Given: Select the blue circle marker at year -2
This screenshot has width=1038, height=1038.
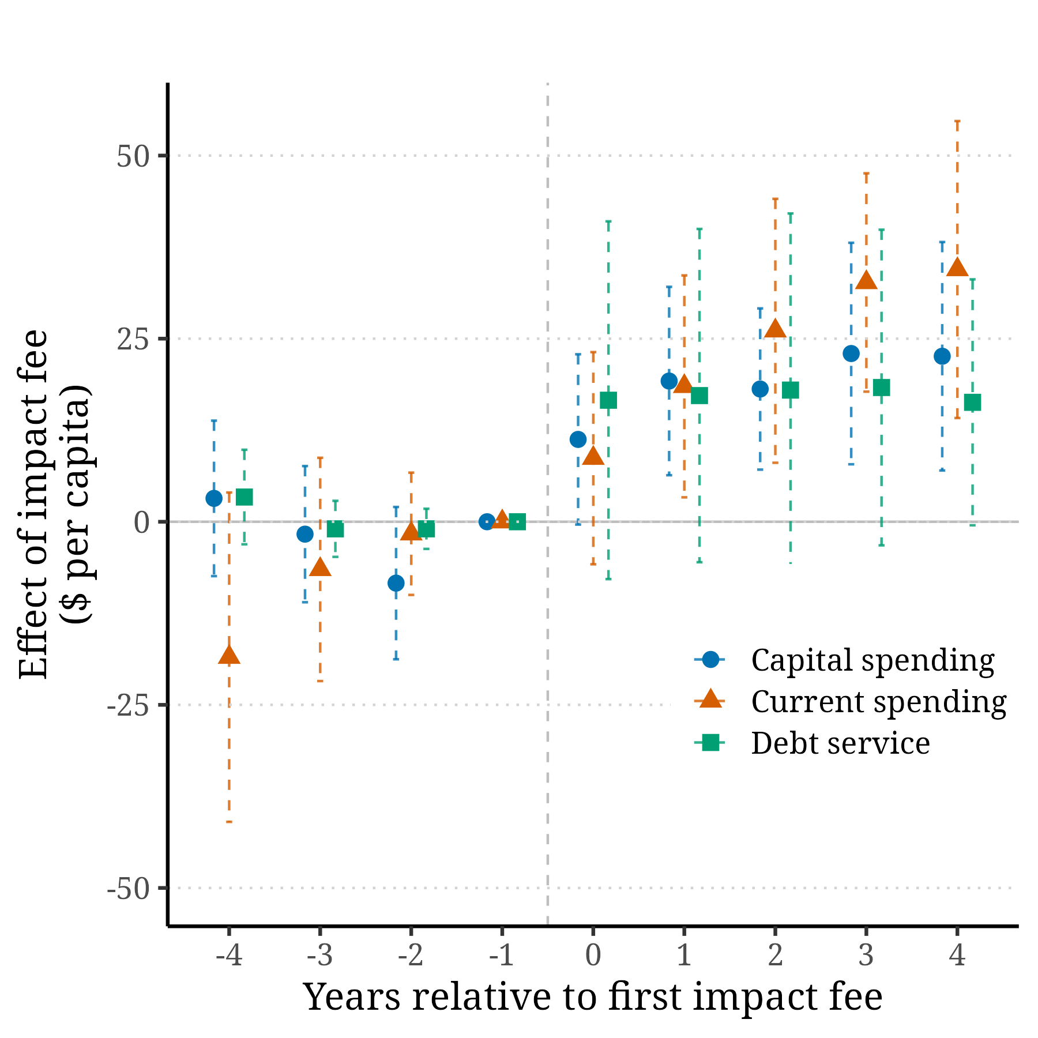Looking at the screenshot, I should tap(396, 583).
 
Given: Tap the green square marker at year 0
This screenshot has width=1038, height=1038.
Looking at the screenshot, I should tap(608, 400).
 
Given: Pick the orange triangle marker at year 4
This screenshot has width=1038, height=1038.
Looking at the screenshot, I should tap(957, 268).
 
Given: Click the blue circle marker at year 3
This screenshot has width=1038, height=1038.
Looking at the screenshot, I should tap(851, 353).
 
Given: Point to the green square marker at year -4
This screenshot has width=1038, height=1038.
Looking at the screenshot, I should tap(245, 497).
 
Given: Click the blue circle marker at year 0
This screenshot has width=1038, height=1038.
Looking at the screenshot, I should tap(578, 439).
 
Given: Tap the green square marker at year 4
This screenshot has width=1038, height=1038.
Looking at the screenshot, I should tap(973, 402).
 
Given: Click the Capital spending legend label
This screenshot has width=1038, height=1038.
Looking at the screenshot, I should tap(872, 660).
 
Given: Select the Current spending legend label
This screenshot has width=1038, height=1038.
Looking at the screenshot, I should tap(878, 702).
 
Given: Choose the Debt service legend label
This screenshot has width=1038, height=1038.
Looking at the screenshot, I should tap(840, 743).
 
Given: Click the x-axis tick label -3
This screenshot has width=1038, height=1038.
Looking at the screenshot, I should tap(319, 956).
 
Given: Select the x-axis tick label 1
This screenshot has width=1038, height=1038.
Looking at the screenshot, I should tap(684, 956).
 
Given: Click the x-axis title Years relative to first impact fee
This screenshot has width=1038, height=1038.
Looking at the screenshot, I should tap(593, 997).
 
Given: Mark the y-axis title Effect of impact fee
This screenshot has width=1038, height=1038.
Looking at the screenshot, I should tap(33, 505).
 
